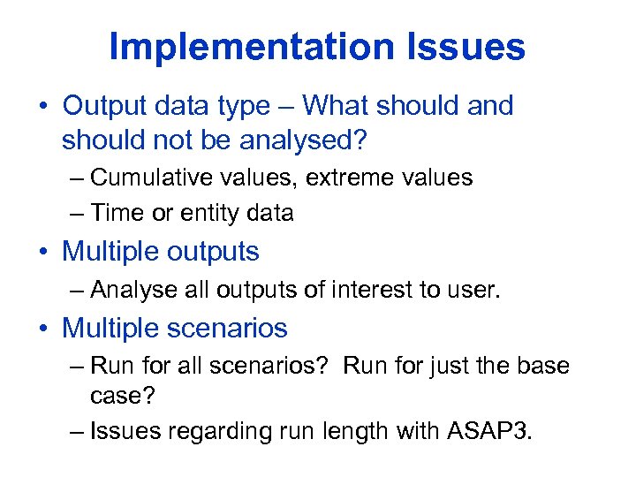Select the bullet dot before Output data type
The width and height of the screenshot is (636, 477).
click(43, 107)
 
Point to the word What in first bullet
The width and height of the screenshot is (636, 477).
click(338, 106)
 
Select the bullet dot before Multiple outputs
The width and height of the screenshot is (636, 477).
click(43, 253)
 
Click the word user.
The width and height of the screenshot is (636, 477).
click(473, 290)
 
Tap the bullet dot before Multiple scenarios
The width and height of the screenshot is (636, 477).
click(43, 329)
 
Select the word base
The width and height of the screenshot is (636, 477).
click(542, 365)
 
